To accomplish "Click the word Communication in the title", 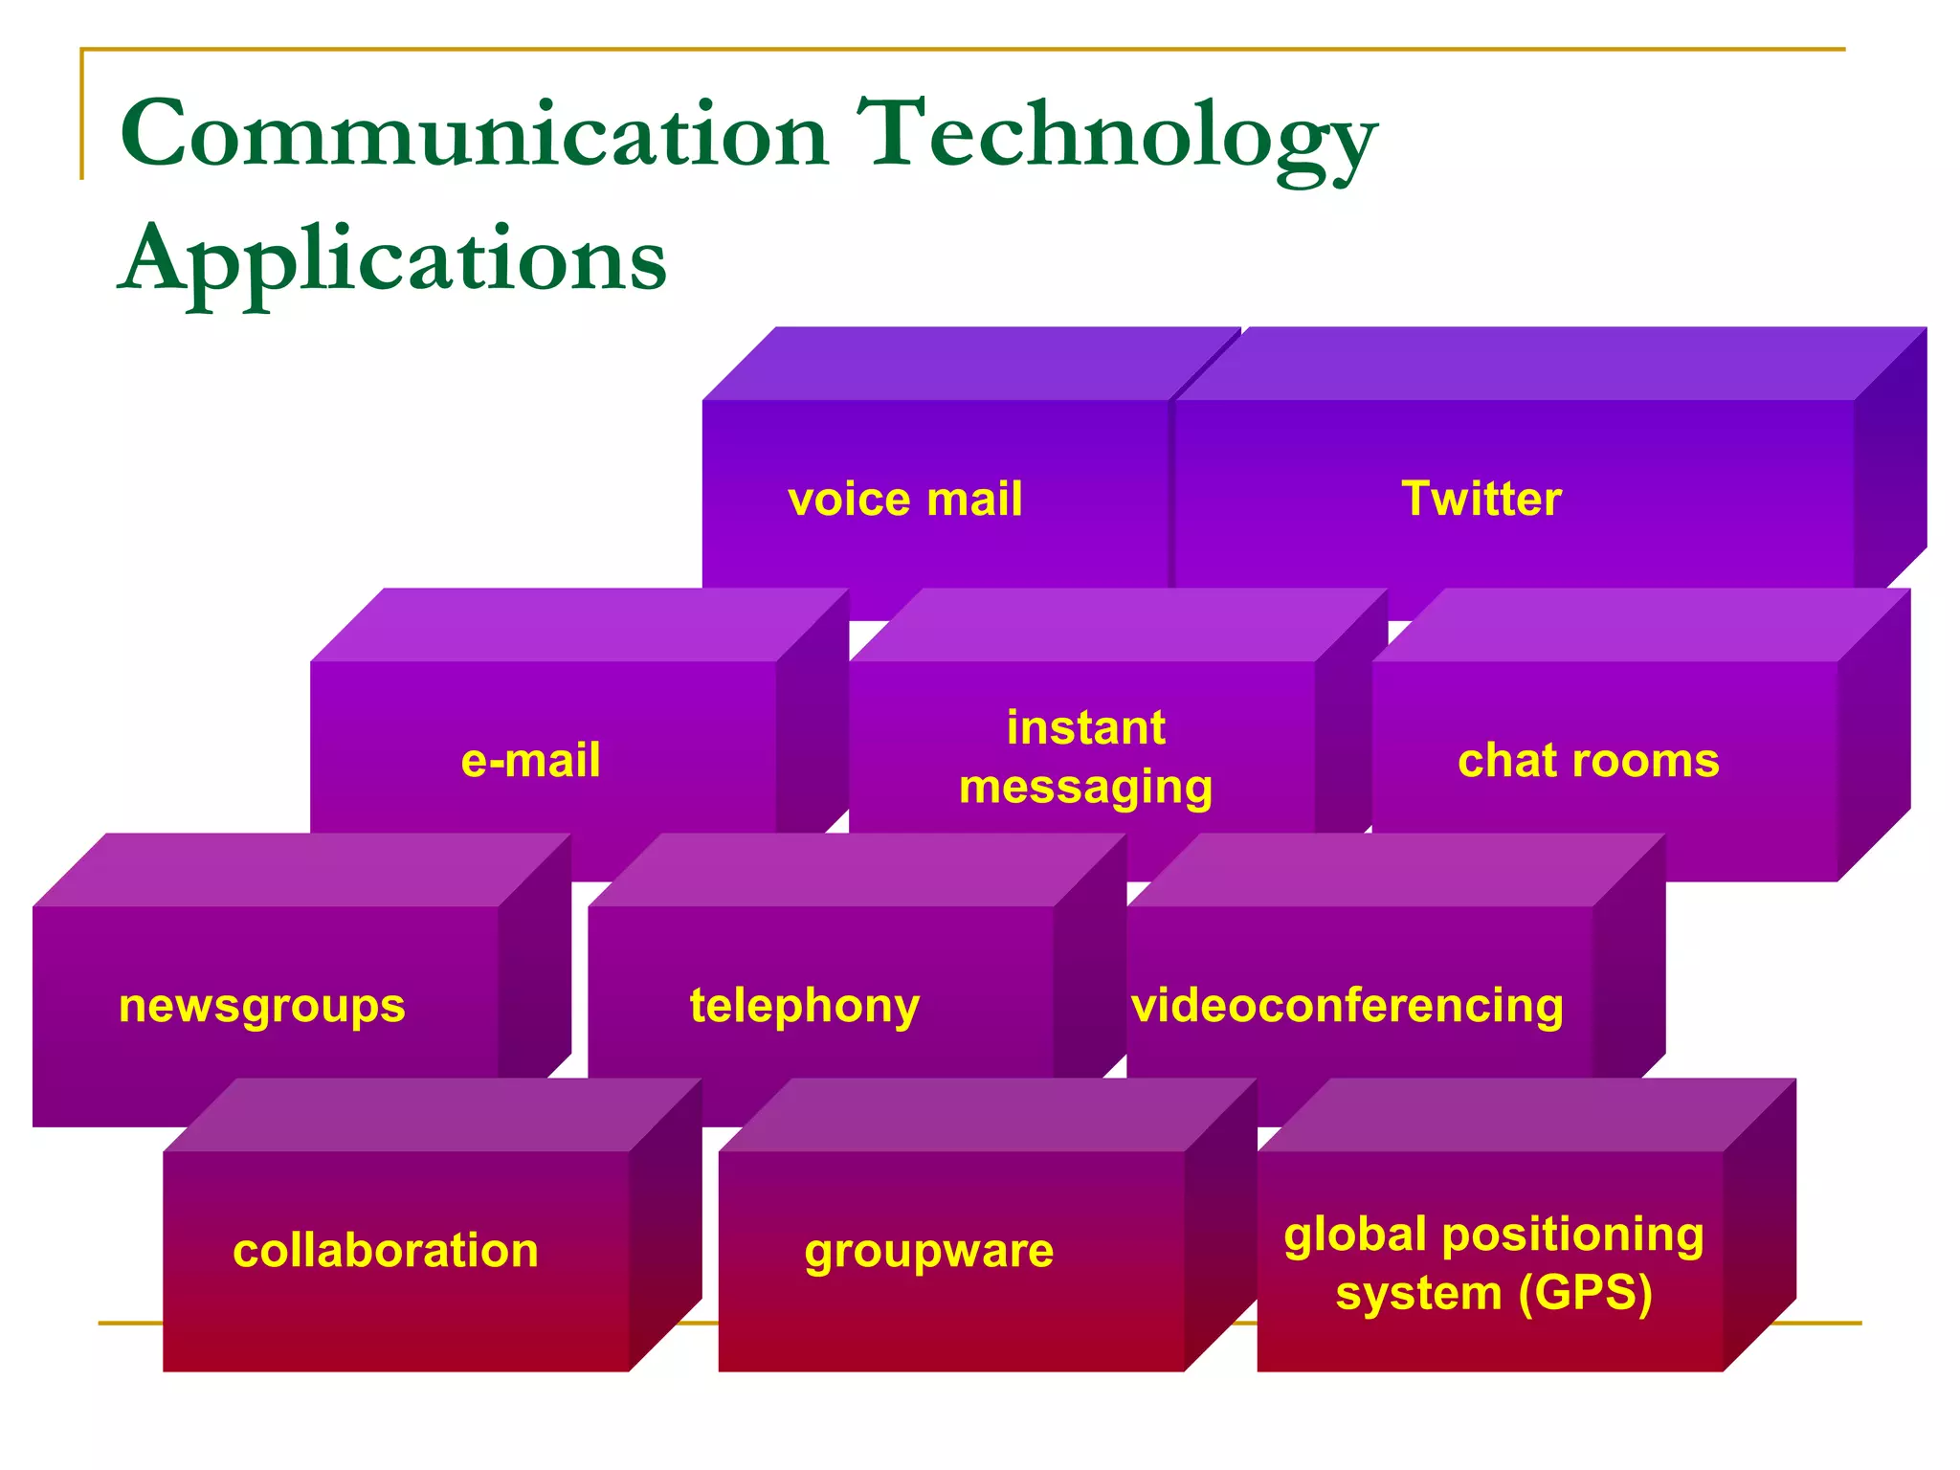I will [474, 134].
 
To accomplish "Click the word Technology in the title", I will [1115, 139].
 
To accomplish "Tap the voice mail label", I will [904, 500].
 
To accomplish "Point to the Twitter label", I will [1481, 499].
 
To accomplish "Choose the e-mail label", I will [530, 761].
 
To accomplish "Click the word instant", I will [1085, 728].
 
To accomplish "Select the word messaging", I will [1085, 789].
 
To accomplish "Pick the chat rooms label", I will [1588, 761].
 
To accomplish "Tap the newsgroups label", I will [261, 1007].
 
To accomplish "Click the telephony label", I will [804, 1007].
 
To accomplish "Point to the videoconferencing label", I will [1347, 1007].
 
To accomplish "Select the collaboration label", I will [385, 1251].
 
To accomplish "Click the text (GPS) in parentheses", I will [1585, 1294].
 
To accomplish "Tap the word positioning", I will [1572, 1236].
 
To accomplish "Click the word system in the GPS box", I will [1419, 1295].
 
